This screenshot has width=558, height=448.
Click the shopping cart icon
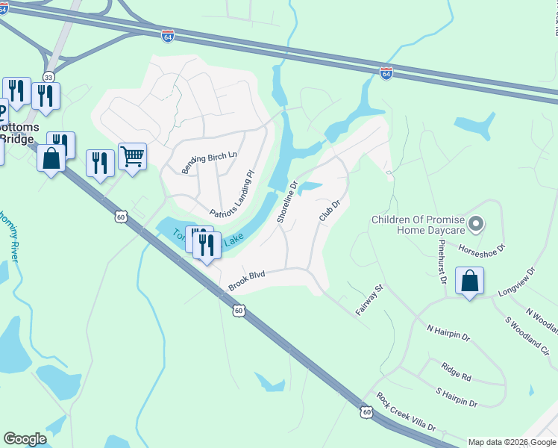[x=132, y=157]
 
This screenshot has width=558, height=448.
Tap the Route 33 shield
[x=48, y=77]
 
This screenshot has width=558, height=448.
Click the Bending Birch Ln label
[x=210, y=160]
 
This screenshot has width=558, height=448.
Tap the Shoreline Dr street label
[x=286, y=199]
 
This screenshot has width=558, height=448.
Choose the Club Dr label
[x=330, y=210]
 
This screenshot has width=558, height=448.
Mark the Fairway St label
[x=369, y=299]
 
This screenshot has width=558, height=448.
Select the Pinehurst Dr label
[x=442, y=262]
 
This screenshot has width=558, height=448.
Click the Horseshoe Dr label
[x=482, y=246]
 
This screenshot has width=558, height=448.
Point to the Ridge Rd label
[x=456, y=371]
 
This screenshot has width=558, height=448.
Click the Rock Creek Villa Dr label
[x=406, y=412]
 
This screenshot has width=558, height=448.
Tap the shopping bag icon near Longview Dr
[x=469, y=281]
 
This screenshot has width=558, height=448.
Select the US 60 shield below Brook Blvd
[x=238, y=310]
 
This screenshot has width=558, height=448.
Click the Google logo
[x=25, y=439]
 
